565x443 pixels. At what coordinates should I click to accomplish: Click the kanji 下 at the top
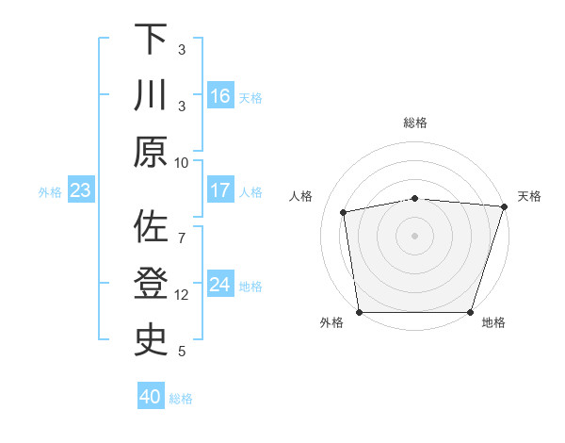[151, 39]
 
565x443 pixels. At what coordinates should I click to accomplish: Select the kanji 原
[151, 152]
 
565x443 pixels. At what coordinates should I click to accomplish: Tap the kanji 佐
[151, 227]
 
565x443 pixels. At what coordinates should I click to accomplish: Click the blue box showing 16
[220, 95]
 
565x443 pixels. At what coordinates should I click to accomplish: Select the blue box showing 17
[220, 190]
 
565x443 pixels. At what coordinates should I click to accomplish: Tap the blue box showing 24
[220, 285]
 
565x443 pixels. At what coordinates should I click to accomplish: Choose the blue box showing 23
[81, 190]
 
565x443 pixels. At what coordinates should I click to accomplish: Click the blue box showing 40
[151, 397]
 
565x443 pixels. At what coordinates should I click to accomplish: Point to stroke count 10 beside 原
[182, 162]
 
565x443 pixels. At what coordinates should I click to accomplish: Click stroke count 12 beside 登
[182, 295]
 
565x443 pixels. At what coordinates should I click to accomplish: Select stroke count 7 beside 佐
[182, 227]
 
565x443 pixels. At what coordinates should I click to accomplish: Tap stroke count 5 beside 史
[182, 352]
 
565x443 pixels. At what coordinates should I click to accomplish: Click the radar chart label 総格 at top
[415, 123]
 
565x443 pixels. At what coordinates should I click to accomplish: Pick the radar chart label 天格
[529, 196]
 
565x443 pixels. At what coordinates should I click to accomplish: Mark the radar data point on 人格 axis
[345, 212]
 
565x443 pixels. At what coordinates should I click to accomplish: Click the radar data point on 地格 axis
[470, 312]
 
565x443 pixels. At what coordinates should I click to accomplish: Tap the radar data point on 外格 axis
[360, 312]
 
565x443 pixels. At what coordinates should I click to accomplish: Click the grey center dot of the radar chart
[415, 235]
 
